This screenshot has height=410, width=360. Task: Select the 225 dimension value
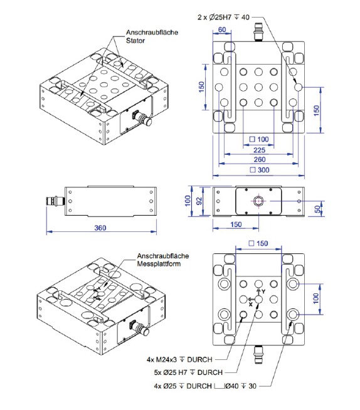(258, 150)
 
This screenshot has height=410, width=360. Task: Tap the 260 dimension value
(258, 160)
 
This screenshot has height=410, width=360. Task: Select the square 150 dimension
(258, 243)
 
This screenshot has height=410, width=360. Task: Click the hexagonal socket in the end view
(258, 201)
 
